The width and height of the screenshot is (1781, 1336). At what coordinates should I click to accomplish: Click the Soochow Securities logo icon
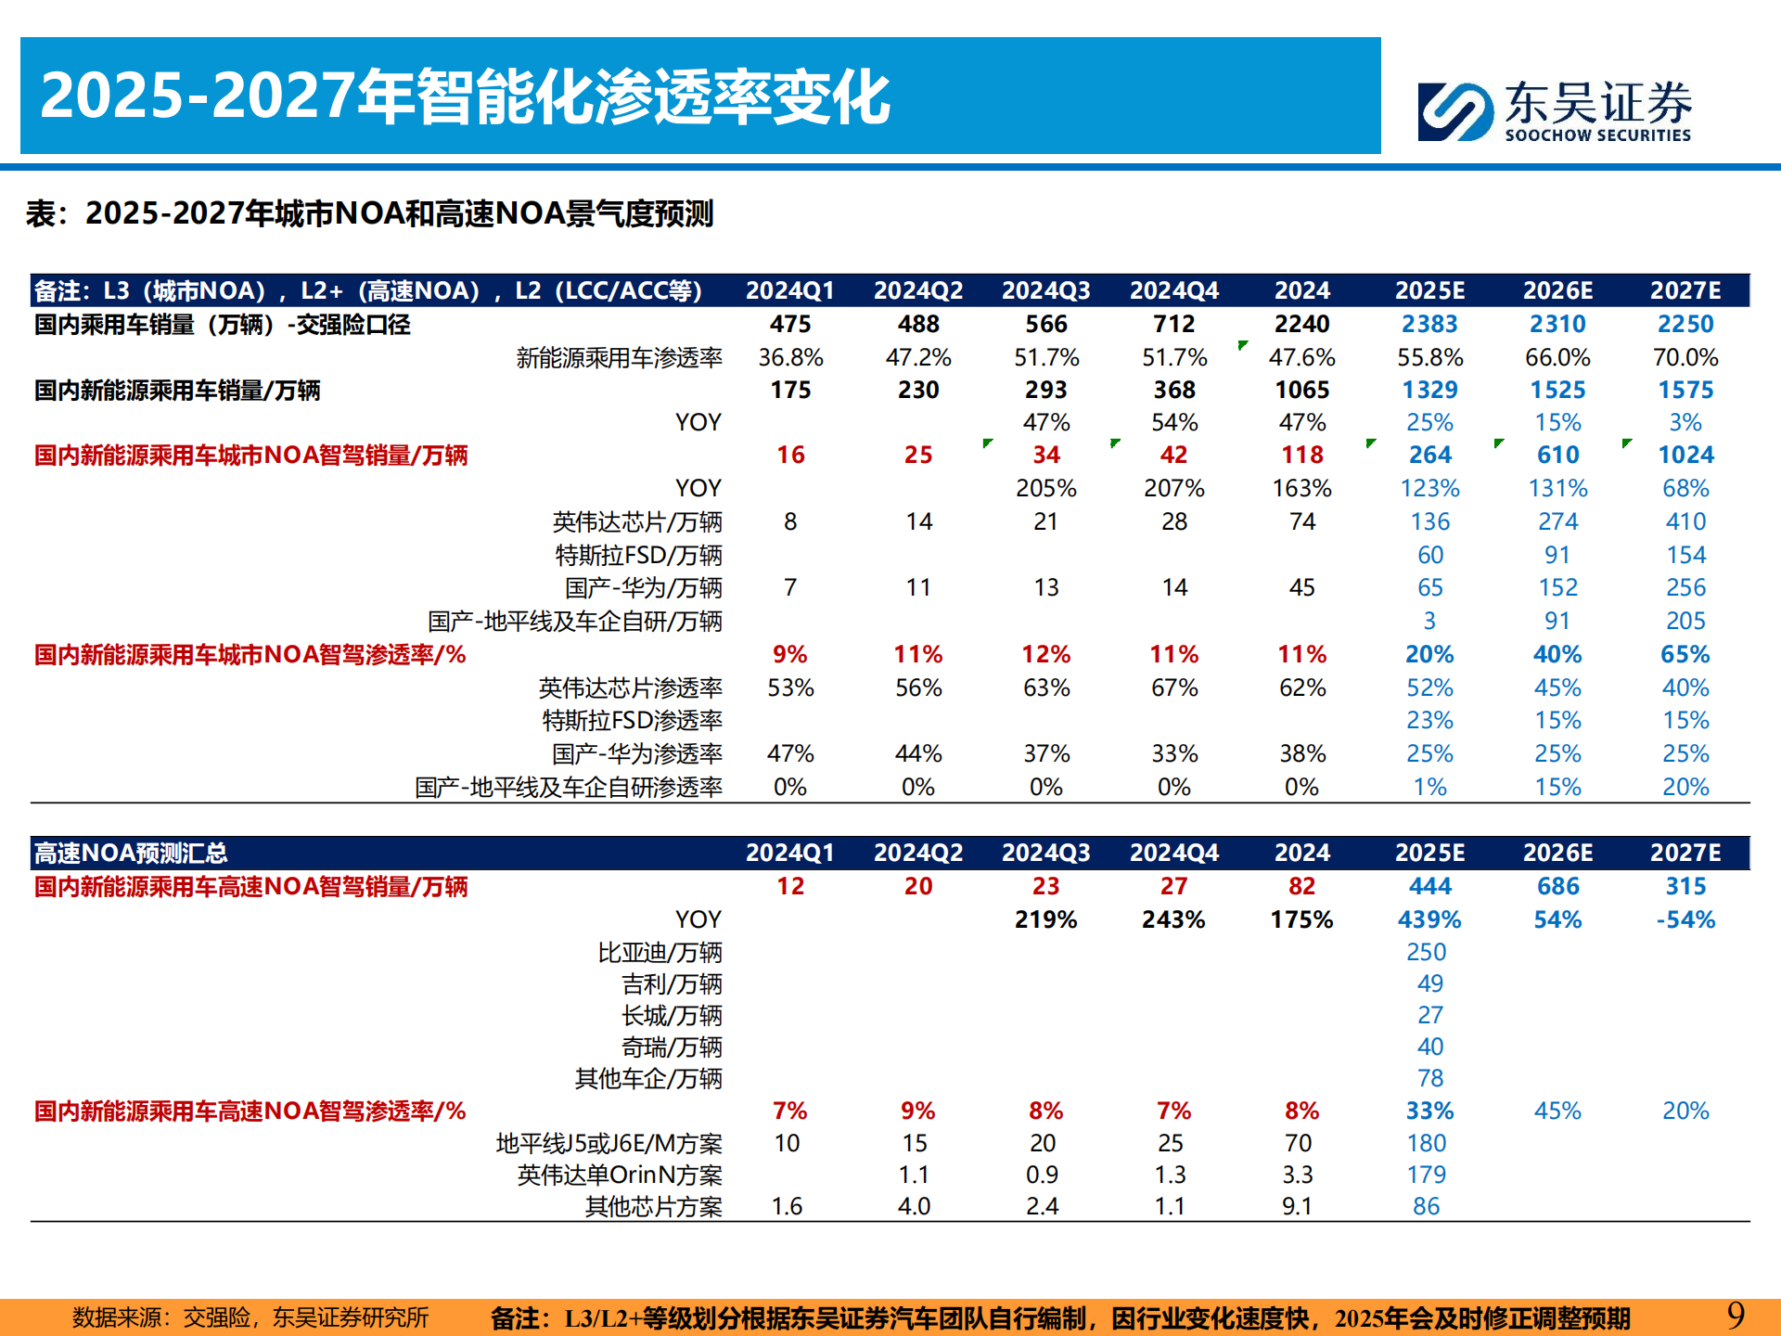(x=1454, y=111)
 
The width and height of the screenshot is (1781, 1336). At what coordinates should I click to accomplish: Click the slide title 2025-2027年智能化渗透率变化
(x=464, y=96)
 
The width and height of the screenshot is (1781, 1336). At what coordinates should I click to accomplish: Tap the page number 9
(x=1736, y=1315)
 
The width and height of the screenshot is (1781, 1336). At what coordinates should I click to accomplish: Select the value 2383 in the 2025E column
(x=1429, y=324)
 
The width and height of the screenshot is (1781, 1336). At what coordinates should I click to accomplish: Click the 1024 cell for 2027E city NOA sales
(x=1685, y=455)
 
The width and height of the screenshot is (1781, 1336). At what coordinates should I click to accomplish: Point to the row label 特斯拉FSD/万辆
(x=638, y=555)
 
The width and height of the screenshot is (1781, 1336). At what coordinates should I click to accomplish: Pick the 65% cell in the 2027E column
(x=1685, y=654)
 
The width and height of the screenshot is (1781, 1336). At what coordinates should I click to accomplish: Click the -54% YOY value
(x=1685, y=919)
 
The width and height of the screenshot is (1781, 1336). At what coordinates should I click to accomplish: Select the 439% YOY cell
(x=1429, y=919)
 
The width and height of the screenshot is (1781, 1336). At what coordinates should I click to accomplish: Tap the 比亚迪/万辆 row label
(x=660, y=952)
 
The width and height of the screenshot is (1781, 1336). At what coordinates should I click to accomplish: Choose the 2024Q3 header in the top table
(x=1045, y=290)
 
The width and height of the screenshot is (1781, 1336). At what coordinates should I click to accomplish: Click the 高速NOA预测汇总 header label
(x=131, y=853)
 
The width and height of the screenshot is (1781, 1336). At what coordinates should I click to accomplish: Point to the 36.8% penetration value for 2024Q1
(x=790, y=357)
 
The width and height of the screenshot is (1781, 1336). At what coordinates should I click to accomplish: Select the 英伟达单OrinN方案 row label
(x=619, y=1175)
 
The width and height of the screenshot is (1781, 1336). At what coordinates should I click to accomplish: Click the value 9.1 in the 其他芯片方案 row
(x=1297, y=1206)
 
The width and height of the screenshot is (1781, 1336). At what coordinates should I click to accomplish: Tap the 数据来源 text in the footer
(x=250, y=1317)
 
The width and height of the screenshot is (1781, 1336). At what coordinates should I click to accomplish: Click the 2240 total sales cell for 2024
(x=1301, y=324)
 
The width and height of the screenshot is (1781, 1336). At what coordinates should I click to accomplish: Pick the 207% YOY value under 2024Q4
(x=1173, y=488)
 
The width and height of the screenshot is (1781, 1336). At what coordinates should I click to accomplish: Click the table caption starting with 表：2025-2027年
(x=369, y=213)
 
